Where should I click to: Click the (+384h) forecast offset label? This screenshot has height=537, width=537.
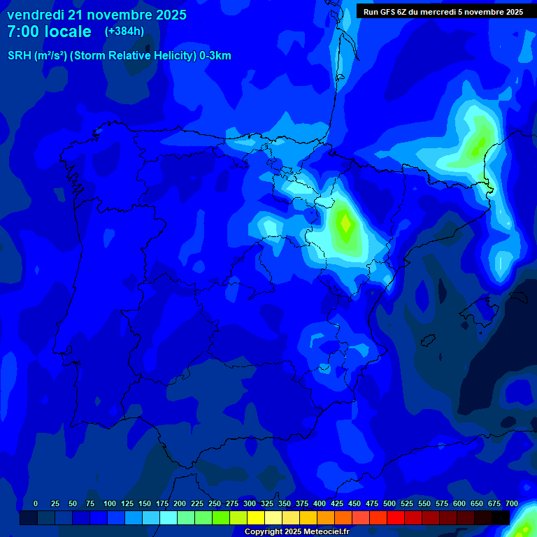(124, 31)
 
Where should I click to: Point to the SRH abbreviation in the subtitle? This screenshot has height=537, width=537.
(19, 56)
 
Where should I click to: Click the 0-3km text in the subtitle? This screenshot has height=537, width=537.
(215, 56)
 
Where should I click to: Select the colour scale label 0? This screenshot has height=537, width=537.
(36, 503)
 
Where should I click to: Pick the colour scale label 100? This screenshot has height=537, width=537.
(110, 503)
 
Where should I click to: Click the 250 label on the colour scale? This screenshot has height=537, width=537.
(215, 503)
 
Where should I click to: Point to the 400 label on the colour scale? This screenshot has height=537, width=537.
(320, 503)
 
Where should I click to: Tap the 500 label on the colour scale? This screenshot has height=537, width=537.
(389, 503)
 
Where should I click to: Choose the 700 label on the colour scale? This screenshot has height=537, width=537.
(512, 503)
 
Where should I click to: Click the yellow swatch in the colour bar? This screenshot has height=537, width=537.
(256, 517)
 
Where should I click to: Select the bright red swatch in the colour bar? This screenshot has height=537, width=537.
(396, 517)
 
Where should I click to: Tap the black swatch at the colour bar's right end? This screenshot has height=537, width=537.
(501, 517)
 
